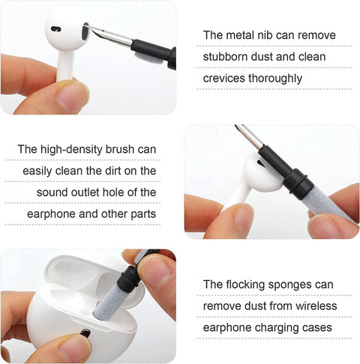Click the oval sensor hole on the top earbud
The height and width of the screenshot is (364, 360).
point(55,29)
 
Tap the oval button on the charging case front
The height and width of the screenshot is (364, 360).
point(85,333)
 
